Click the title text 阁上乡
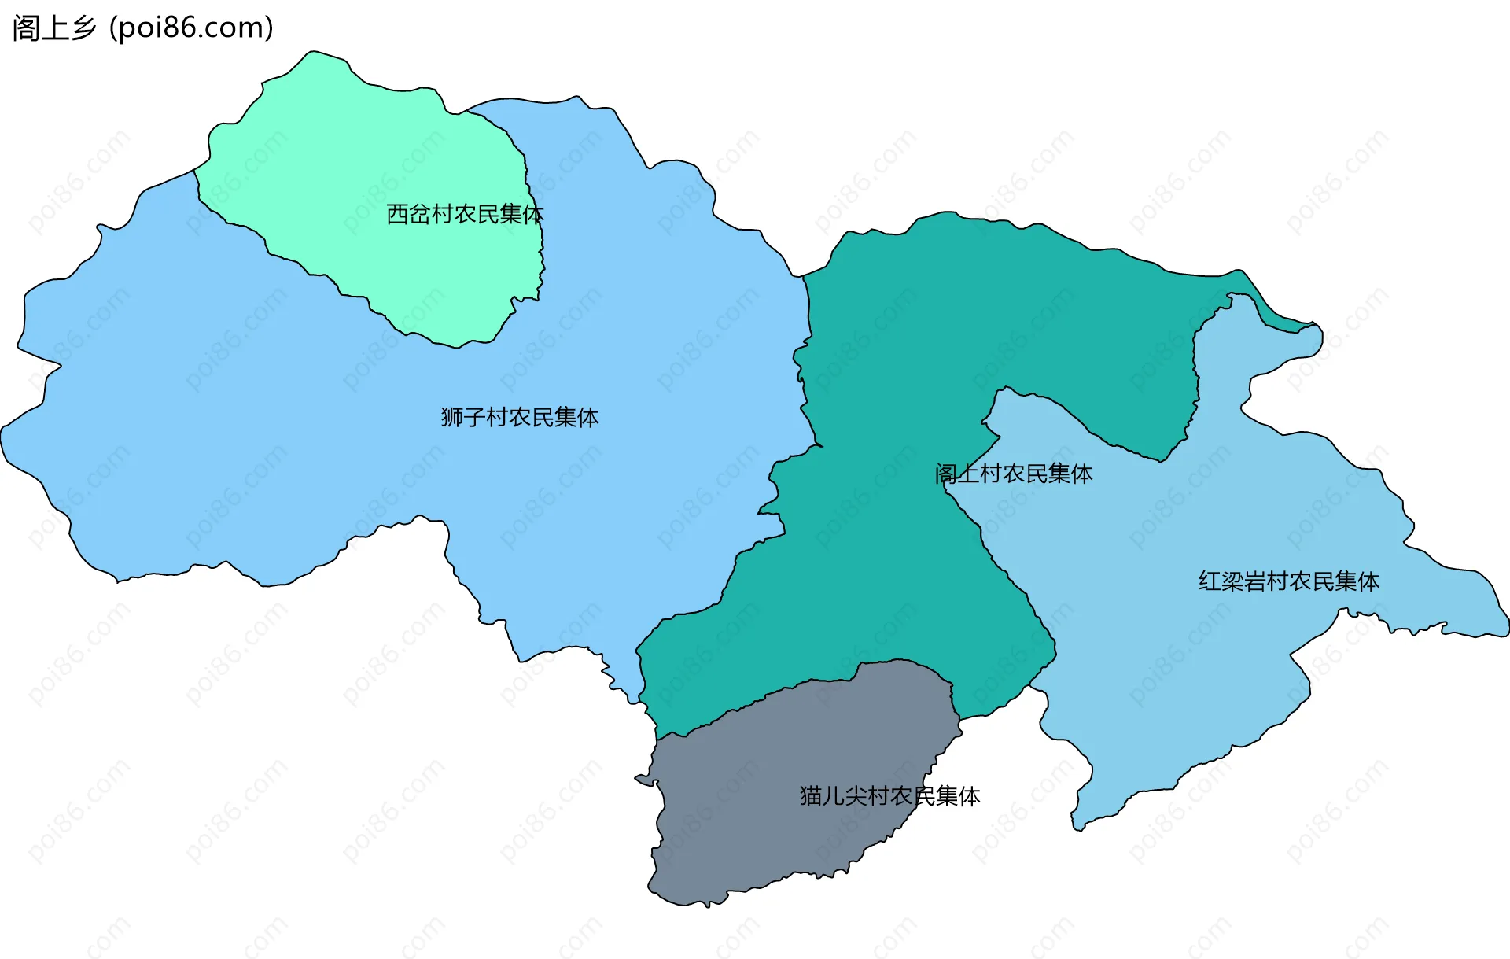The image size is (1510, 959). [53, 28]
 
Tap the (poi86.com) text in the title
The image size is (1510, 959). [191, 28]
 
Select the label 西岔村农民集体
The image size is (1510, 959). [464, 214]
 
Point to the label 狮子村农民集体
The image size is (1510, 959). [520, 417]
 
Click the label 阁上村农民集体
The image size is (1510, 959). [1014, 474]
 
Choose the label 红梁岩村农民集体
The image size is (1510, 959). [1288, 581]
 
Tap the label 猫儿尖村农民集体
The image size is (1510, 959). [889, 796]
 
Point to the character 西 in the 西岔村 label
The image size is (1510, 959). [397, 214]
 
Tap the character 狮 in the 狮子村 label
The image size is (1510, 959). [451, 417]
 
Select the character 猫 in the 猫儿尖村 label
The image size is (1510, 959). [811, 796]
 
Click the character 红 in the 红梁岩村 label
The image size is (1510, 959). [1210, 581]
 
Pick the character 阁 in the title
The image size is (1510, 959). [26, 28]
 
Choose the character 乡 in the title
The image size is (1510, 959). [83, 28]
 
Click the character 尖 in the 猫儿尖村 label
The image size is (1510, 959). [856, 796]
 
